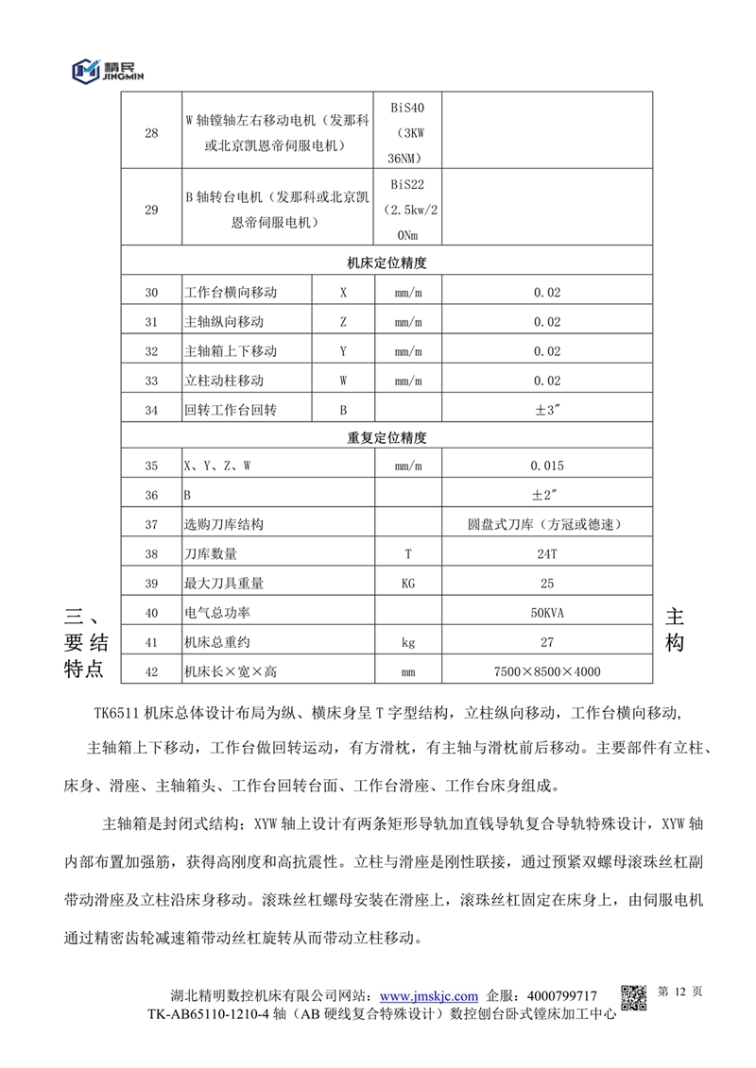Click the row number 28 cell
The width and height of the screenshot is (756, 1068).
[x=151, y=133]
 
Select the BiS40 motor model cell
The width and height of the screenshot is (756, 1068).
[x=407, y=133]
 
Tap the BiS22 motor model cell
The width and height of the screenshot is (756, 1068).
[x=407, y=210]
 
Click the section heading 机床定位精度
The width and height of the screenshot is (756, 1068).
[x=387, y=263]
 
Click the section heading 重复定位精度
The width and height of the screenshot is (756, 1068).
[x=387, y=438]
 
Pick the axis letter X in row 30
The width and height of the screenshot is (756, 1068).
[x=343, y=293]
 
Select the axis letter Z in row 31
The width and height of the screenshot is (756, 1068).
[x=343, y=322]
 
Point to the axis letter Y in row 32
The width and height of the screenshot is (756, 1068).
[x=343, y=351]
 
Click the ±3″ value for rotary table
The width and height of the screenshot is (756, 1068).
[x=546, y=410]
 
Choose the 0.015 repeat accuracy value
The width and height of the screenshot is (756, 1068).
[x=546, y=466]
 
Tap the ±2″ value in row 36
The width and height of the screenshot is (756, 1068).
[x=546, y=495]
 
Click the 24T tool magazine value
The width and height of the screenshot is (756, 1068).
[x=546, y=553]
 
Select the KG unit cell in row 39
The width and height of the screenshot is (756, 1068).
[x=407, y=583]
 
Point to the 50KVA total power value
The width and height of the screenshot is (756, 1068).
[x=546, y=613]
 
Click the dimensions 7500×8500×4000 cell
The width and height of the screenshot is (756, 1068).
[x=546, y=672]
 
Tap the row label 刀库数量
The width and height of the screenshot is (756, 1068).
[x=210, y=553]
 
